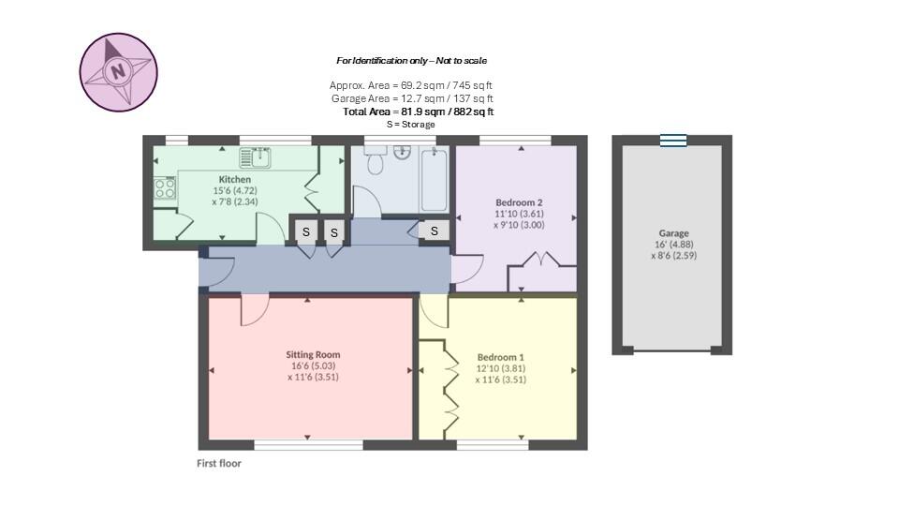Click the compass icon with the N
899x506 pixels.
pyautogui.click(x=118, y=72)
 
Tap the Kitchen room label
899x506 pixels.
pyautogui.click(x=234, y=179)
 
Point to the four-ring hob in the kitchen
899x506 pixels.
pyautogui.click(x=165, y=188)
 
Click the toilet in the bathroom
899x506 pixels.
pyautogui.click(x=376, y=164)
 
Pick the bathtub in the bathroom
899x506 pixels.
pyautogui.click(x=434, y=179)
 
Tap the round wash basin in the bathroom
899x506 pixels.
pyautogui.click(x=402, y=152)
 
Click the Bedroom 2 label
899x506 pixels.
pyautogui.click(x=519, y=202)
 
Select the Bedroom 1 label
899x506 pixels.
pyautogui.click(x=500, y=357)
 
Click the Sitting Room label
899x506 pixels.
pyautogui.click(x=313, y=354)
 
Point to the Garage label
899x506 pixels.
pyautogui.click(x=673, y=233)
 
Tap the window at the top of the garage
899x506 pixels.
pyautogui.click(x=672, y=141)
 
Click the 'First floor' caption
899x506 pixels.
pyautogui.click(x=219, y=463)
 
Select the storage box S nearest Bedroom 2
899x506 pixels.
pyautogui.click(x=435, y=231)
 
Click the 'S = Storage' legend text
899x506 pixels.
pyautogui.click(x=411, y=124)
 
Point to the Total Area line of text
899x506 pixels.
pyautogui.click(x=419, y=112)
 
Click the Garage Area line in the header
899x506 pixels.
pyautogui.click(x=412, y=98)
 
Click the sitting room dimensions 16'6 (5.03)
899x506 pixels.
pyautogui.click(x=313, y=366)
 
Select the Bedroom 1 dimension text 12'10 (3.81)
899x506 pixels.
pyautogui.click(x=500, y=368)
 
